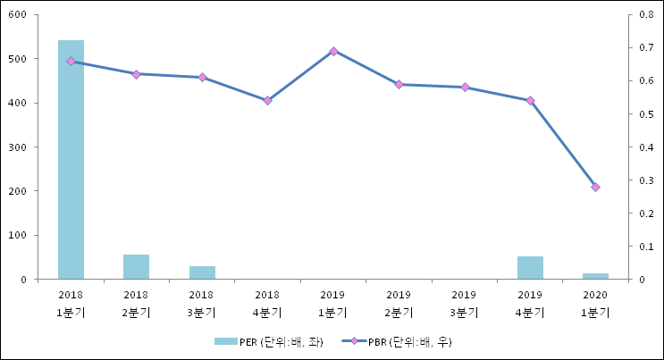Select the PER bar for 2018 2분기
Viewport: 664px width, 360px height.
[x=136, y=266]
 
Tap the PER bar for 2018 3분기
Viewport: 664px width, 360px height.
[x=202, y=272]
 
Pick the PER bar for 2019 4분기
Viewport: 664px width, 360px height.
[x=530, y=267]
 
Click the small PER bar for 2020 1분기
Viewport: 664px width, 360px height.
[x=595, y=276]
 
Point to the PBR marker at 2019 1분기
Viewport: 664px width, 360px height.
[x=333, y=51]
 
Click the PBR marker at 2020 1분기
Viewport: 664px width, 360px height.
[x=595, y=187]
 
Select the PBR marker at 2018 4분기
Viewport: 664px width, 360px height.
[x=267, y=100]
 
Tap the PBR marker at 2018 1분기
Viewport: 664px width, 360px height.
[x=71, y=61]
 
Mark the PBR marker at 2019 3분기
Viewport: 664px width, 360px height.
[x=465, y=87]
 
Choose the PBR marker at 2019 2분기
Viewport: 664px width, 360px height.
[x=399, y=84]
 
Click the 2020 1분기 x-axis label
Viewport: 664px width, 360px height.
[x=595, y=304]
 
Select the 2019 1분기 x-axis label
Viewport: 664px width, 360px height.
[x=333, y=304]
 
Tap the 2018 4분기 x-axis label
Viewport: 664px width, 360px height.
[x=267, y=304]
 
